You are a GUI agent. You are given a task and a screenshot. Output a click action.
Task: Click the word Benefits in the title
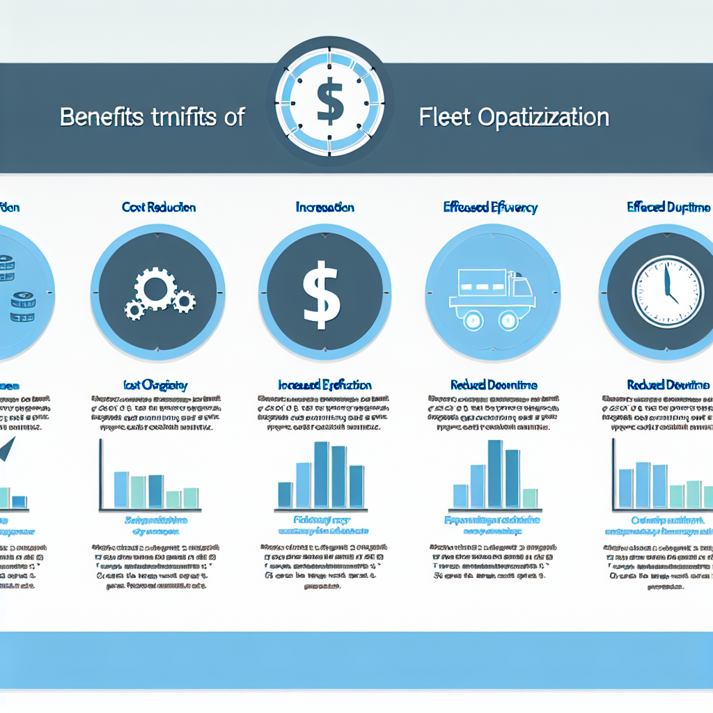[x=104, y=117]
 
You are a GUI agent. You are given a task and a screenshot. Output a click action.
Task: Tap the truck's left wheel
[x=473, y=320]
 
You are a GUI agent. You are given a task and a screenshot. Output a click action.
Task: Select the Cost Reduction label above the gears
[x=159, y=207]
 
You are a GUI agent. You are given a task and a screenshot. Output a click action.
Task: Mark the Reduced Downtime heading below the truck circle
[x=494, y=384]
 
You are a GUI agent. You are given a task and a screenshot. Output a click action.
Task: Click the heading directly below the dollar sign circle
[x=324, y=384]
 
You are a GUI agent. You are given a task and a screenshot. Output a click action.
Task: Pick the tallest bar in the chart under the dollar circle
[x=321, y=474]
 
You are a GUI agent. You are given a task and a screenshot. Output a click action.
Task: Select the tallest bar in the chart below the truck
[x=494, y=473]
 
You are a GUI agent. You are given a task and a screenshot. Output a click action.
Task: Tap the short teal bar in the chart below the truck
[x=529, y=497]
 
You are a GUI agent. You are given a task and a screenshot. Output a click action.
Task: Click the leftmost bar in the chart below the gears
[x=121, y=489]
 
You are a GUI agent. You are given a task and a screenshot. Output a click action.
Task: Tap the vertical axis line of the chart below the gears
[x=101, y=473]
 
